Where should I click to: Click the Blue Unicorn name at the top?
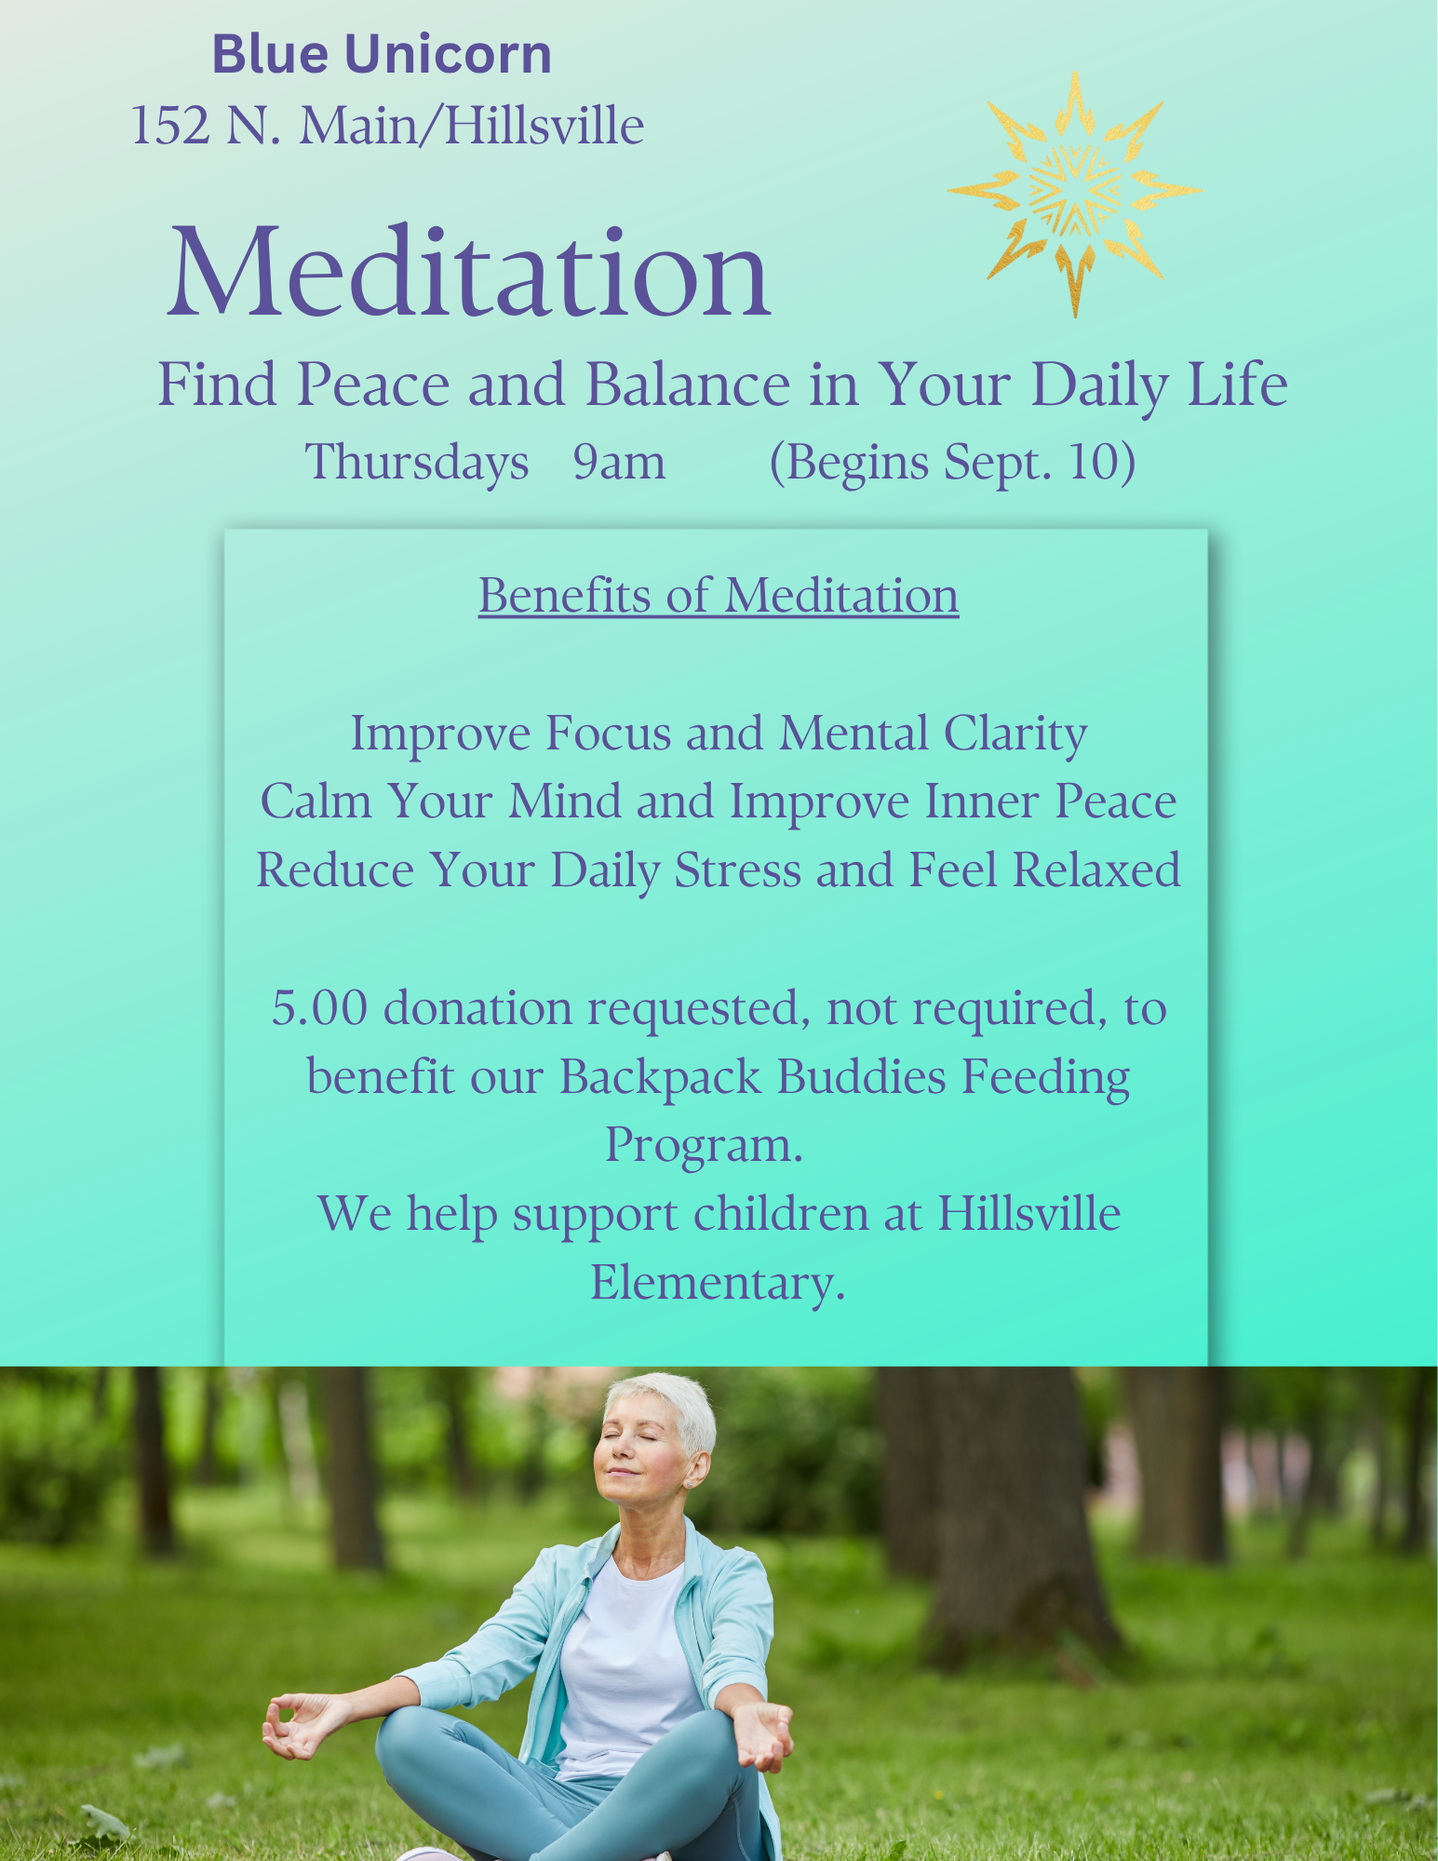tap(382, 54)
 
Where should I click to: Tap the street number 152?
tap(170, 126)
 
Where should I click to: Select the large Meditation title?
tap(469, 272)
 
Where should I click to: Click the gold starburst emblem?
tap(1075, 193)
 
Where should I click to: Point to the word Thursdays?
tap(417, 463)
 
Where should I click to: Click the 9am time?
tap(619, 463)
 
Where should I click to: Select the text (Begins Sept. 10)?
tap(952, 463)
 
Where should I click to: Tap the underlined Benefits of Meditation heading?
tap(719, 595)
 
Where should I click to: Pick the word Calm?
tap(316, 802)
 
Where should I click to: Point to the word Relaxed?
tap(1096, 870)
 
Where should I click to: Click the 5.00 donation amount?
tap(319, 1008)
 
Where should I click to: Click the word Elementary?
tap(718, 1283)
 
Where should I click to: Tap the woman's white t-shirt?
tap(625, 1666)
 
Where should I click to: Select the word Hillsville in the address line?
tap(544, 126)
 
